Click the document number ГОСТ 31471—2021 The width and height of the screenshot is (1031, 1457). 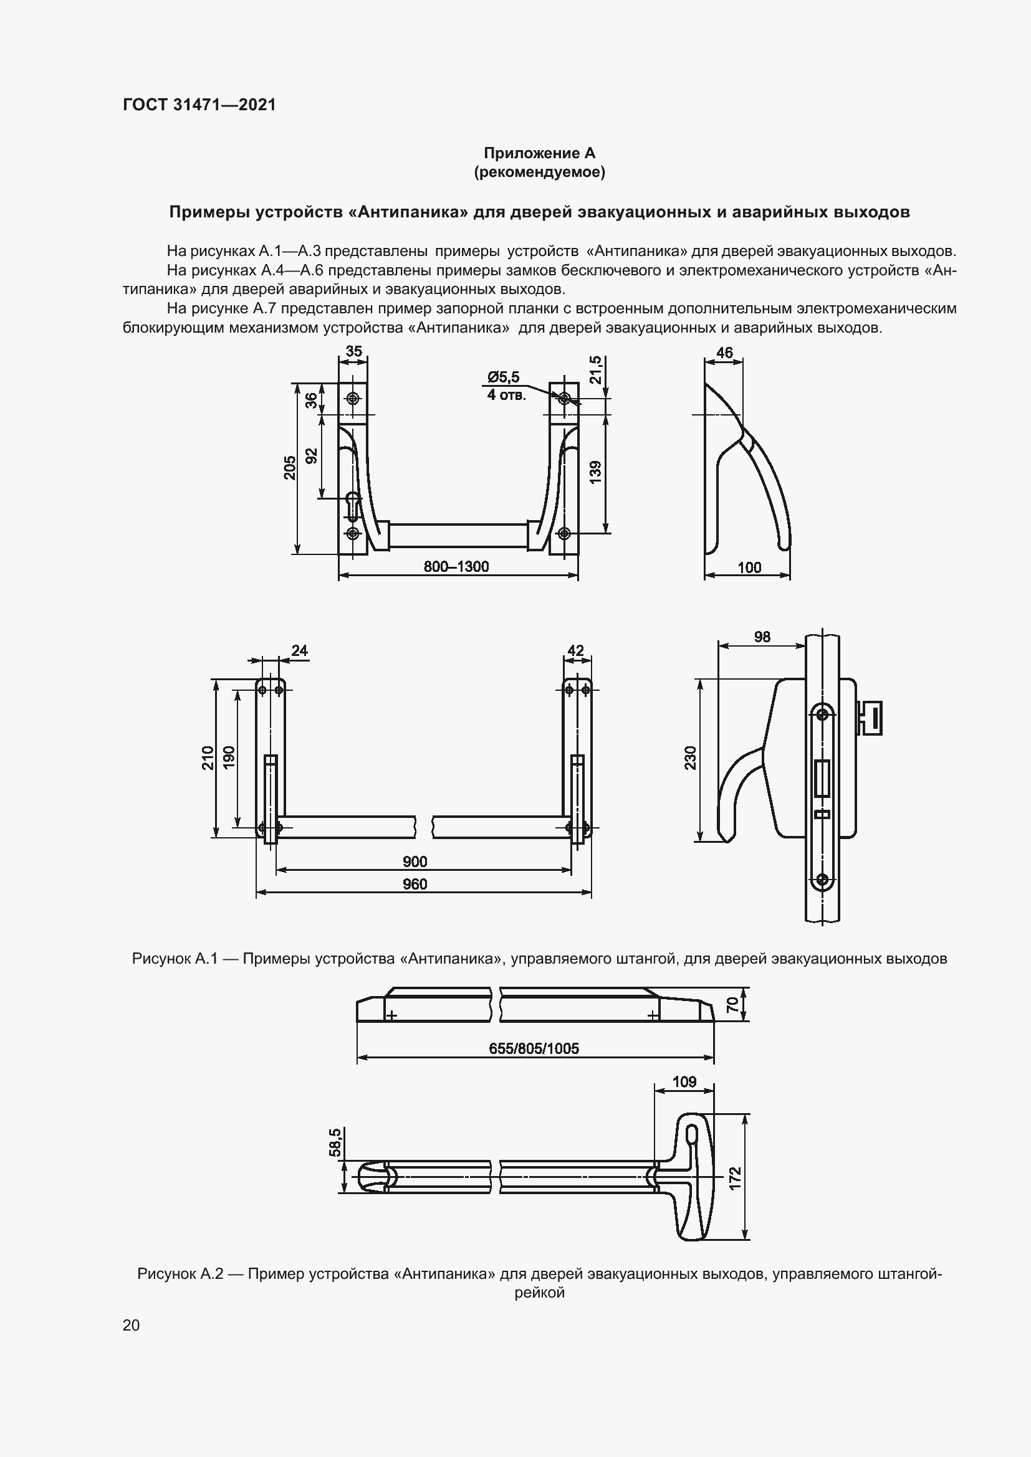pyautogui.click(x=199, y=105)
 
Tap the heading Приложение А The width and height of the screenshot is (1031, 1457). pyautogui.click(x=539, y=153)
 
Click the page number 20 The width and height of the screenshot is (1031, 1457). pyautogui.click(x=131, y=1325)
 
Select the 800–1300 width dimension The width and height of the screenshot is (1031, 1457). pyautogui.click(x=456, y=566)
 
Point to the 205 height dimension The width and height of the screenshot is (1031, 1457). pyautogui.click(x=289, y=468)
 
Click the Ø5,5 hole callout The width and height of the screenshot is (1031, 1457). pyautogui.click(x=504, y=377)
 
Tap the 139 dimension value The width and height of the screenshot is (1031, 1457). pyautogui.click(x=595, y=473)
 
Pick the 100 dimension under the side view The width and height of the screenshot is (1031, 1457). pyautogui.click(x=749, y=567)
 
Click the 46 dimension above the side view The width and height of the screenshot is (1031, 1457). pyautogui.click(x=724, y=353)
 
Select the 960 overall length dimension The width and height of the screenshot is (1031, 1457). pyautogui.click(x=415, y=884)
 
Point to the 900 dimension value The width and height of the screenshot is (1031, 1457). pyautogui.click(x=415, y=861)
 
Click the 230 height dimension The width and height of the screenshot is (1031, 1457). pyautogui.click(x=691, y=758)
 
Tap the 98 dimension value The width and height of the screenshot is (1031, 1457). pyautogui.click(x=762, y=637)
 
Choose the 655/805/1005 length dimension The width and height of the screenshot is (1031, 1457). pyautogui.click(x=534, y=1048)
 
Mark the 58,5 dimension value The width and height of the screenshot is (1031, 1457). pyautogui.click(x=335, y=1142)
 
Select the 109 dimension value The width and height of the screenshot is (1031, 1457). pyautogui.click(x=684, y=1081)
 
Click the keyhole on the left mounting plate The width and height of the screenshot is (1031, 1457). pyautogui.click(x=353, y=505)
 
